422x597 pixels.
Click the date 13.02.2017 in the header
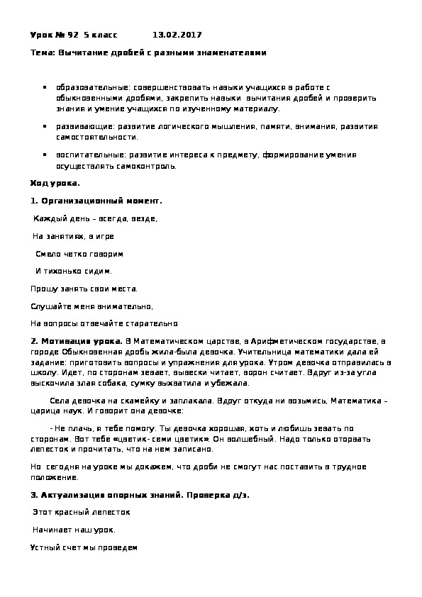[177, 34]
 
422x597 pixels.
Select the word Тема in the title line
[41, 52]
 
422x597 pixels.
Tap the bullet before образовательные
[46, 88]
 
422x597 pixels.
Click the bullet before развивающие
[46, 125]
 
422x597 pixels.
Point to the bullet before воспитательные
[46, 154]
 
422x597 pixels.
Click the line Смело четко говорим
[79, 253]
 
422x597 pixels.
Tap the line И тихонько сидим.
[74, 271]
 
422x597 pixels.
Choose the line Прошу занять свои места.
[84, 289]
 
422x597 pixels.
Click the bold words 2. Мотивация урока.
[77, 340]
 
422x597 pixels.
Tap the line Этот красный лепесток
[82, 512]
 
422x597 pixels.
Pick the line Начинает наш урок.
[74, 530]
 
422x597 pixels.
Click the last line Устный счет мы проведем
[84, 547]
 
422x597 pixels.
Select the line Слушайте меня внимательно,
[91, 306]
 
